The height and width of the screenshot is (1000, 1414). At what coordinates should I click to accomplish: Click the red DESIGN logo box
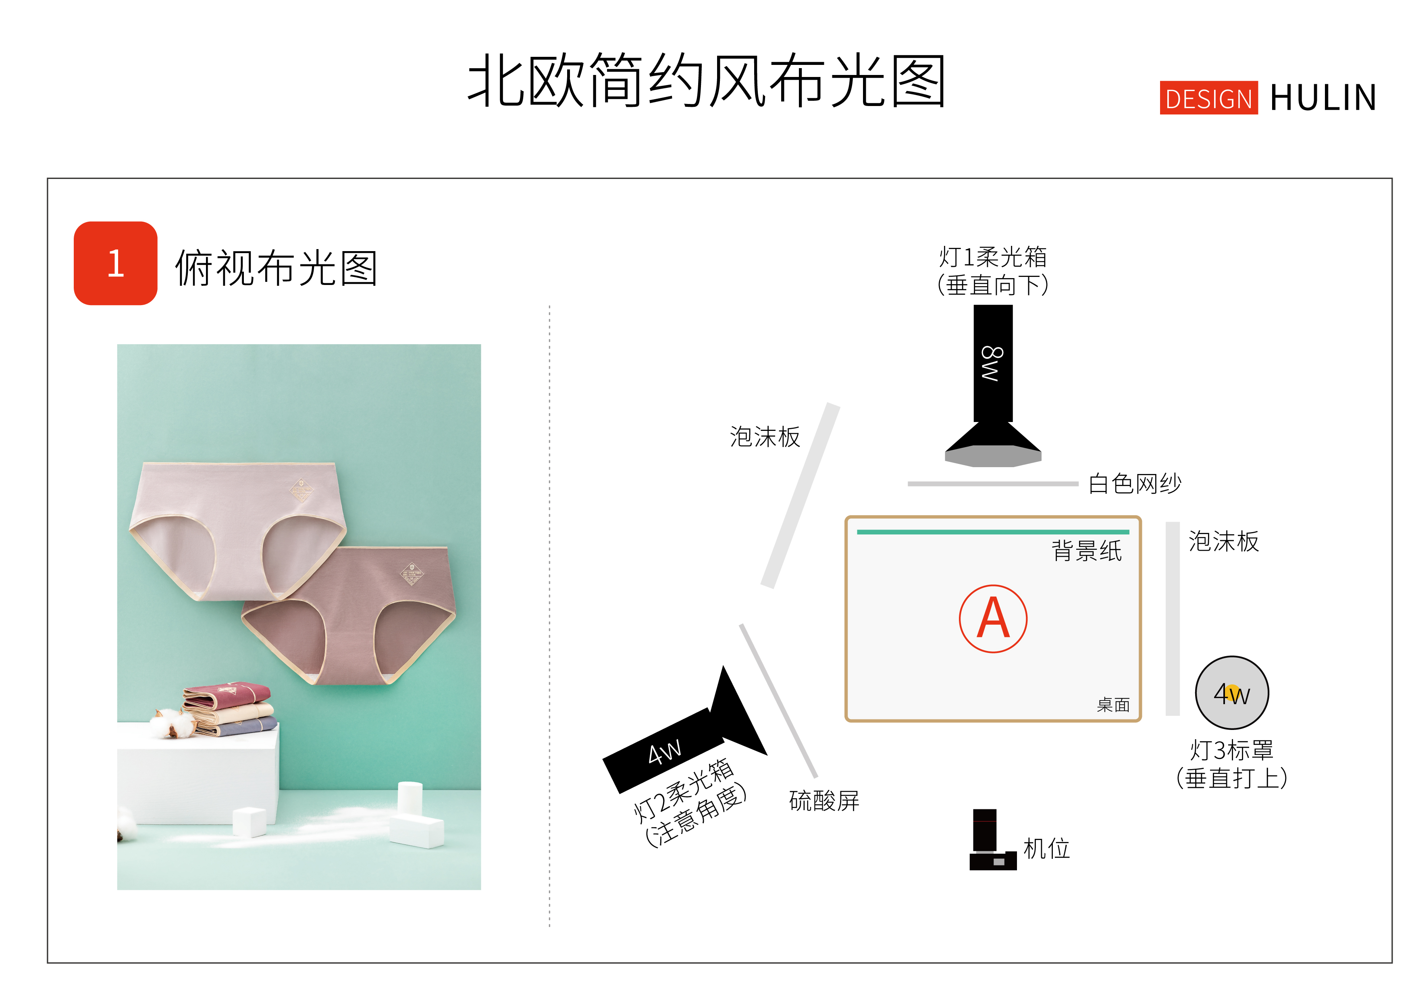(x=1208, y=98)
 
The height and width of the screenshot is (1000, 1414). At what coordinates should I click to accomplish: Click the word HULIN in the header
(x=1323, y=98)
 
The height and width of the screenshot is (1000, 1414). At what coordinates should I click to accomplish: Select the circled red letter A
(x=993, y=618)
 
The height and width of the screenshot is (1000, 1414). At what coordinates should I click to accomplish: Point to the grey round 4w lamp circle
(x=1232, y=693)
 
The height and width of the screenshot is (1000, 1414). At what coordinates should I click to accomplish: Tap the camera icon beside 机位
(x=992, y=839)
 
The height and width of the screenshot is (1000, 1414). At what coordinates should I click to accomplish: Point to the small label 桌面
(x=1113, y=705)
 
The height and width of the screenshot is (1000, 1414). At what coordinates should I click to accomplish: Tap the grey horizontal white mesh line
(x=993, y=484)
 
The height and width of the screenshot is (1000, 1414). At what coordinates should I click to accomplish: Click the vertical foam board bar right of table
(x=1173, y=618)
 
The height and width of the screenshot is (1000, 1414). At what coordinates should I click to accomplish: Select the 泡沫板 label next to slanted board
(x=765, y=437)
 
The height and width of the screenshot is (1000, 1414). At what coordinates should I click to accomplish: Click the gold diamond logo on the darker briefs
(x=412, y=574)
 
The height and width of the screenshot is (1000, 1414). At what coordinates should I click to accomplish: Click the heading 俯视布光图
(x=276, y=268)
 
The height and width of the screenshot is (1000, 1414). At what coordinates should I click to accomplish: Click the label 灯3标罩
(x=1232, y=750)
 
